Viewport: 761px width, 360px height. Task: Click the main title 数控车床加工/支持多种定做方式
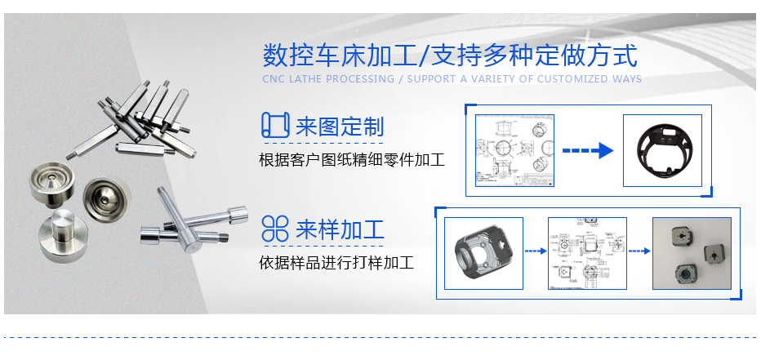click(x=449, y=56)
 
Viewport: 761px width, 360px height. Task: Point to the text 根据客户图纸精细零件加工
click(x=351, y=159)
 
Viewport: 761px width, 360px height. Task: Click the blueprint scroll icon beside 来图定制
click(x=275, y=126)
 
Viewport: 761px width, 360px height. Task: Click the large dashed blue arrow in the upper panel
click(x=588, y=150)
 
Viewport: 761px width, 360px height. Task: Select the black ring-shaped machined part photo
click(x=662, y=150)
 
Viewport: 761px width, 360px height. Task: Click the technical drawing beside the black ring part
click(x=515, y=151)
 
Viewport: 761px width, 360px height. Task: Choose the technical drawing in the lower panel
click(x=587, y=252)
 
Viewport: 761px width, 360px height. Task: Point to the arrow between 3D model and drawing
click(x=534, y=251)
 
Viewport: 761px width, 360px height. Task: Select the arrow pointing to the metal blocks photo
click(x=639, y=251)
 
